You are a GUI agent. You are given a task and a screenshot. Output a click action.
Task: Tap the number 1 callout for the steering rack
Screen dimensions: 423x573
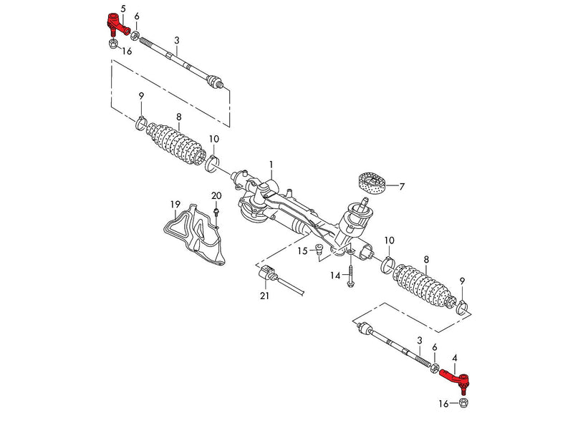[271, 165]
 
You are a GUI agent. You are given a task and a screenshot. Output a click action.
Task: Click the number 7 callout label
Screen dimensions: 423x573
[402, 187]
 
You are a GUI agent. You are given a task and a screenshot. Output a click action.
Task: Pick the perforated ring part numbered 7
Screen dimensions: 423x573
[371, 184]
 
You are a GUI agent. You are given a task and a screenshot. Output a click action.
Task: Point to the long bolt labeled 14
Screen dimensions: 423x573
[351, 278]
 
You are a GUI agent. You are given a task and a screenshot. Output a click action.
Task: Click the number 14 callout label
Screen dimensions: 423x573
[334, 276]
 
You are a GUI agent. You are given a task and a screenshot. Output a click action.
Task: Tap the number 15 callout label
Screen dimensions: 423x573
[303, 251]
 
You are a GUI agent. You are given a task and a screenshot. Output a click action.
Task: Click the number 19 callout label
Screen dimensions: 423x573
[175, 205]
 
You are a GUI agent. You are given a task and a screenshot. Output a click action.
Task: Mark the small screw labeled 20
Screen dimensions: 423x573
[216, 213]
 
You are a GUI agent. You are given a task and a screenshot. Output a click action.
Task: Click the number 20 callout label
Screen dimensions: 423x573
[216, 195]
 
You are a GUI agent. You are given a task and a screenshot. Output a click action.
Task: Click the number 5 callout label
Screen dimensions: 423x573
[123, 8]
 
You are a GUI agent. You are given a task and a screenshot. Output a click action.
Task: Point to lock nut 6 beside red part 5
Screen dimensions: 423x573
[135, 32]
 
